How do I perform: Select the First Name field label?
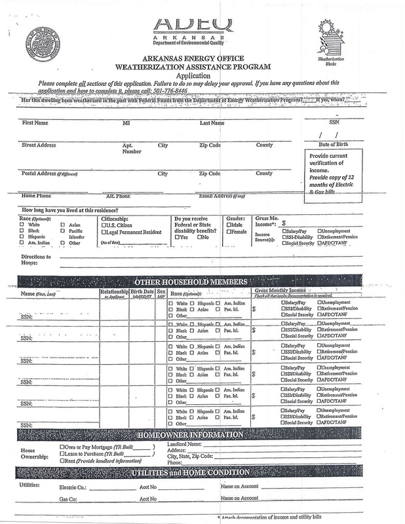(x=37, y=122)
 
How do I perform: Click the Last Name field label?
(x=212, y=122)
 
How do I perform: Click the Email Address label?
(x=222, y=196)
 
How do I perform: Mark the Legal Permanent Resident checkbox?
(x=104, y=233)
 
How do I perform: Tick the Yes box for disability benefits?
(x=177, y=236)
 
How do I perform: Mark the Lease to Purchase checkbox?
(x=62, y=454)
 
